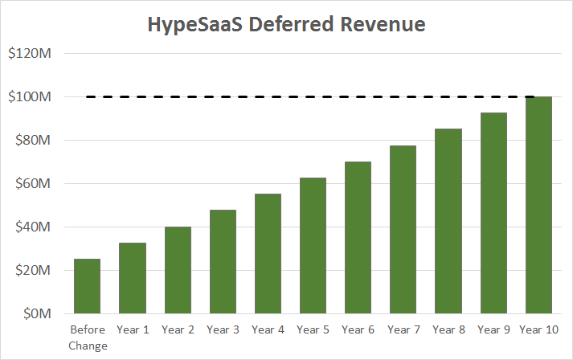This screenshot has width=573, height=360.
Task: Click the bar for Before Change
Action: (88, 286)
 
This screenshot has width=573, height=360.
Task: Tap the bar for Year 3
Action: (223, 261)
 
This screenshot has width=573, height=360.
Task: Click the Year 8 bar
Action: (448, 221)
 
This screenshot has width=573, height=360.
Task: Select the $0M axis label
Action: (37, 313)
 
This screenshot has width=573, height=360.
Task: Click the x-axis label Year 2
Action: (178, 329)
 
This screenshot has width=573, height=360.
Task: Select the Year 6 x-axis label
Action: (358, 329)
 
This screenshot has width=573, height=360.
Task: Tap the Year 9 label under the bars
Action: (493, 329)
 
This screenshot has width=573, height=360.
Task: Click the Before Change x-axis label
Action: (88, 337)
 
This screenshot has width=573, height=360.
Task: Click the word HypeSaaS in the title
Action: (190, 25)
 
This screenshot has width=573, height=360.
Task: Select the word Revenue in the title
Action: (377, 25)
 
